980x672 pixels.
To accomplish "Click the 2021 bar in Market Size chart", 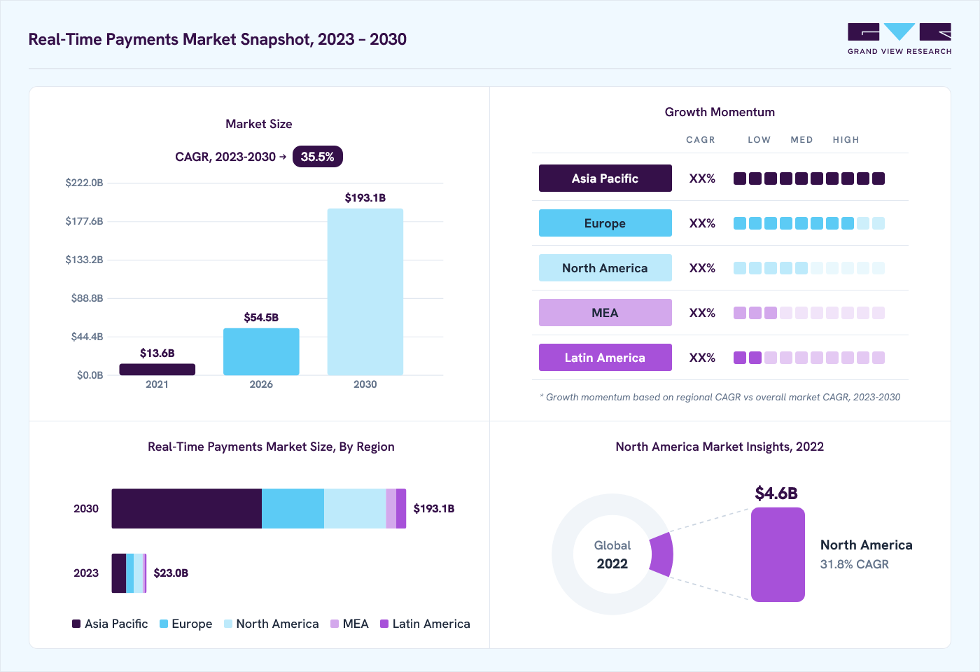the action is click(157, 370).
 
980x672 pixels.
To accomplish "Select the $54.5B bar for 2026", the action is click(261, 351).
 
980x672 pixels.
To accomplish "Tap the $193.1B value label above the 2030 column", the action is click(365, 197).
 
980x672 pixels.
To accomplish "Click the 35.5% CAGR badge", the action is click(318, 157).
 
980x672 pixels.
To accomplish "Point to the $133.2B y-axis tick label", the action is click(85, 260).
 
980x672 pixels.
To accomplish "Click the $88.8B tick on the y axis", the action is click(87, 298).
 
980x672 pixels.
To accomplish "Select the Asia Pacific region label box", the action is click(605, 178).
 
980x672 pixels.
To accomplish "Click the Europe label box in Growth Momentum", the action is click(605, 223).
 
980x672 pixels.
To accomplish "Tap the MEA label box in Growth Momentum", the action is click(605, 312).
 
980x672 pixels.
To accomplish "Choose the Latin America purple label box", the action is click(605, 358).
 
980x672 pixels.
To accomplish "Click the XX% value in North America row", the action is click(702, 267).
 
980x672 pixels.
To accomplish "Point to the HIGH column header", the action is click(846, 139).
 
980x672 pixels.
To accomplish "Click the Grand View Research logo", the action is click(899, 39).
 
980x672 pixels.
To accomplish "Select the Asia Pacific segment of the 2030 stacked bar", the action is click(187, 508).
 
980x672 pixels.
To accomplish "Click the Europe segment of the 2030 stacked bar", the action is click(293, 508).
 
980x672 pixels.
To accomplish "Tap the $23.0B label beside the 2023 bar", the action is click(171, 573).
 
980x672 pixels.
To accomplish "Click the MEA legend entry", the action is click(349, 624).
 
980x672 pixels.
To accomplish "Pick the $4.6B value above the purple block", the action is click(776, 493).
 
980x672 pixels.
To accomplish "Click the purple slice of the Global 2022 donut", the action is click(661, 554).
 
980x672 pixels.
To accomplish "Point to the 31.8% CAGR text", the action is click(855, 564).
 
